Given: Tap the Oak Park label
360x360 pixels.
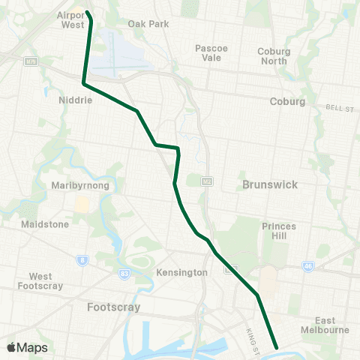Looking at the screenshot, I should click(148, 24).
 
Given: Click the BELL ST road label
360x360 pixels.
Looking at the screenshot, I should click(337, 108).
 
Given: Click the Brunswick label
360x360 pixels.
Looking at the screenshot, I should click(271, 184).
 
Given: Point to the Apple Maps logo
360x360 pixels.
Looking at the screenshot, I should click(27, 347).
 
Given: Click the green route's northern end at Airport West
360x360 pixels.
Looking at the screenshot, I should click(88, 12).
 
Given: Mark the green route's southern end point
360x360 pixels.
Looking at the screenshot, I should click(277, 348).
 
